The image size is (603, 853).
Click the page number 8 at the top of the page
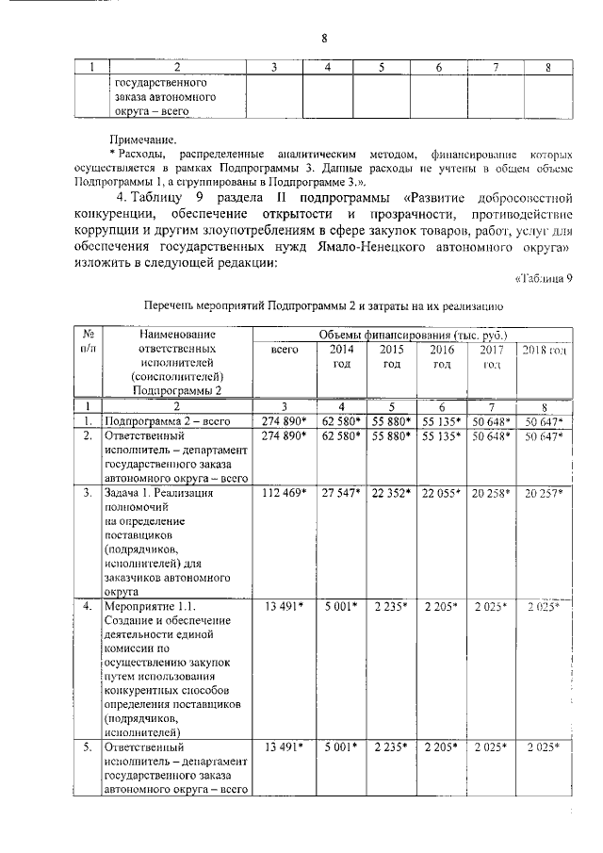point(323,38)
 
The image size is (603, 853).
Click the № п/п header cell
point(87,340)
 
